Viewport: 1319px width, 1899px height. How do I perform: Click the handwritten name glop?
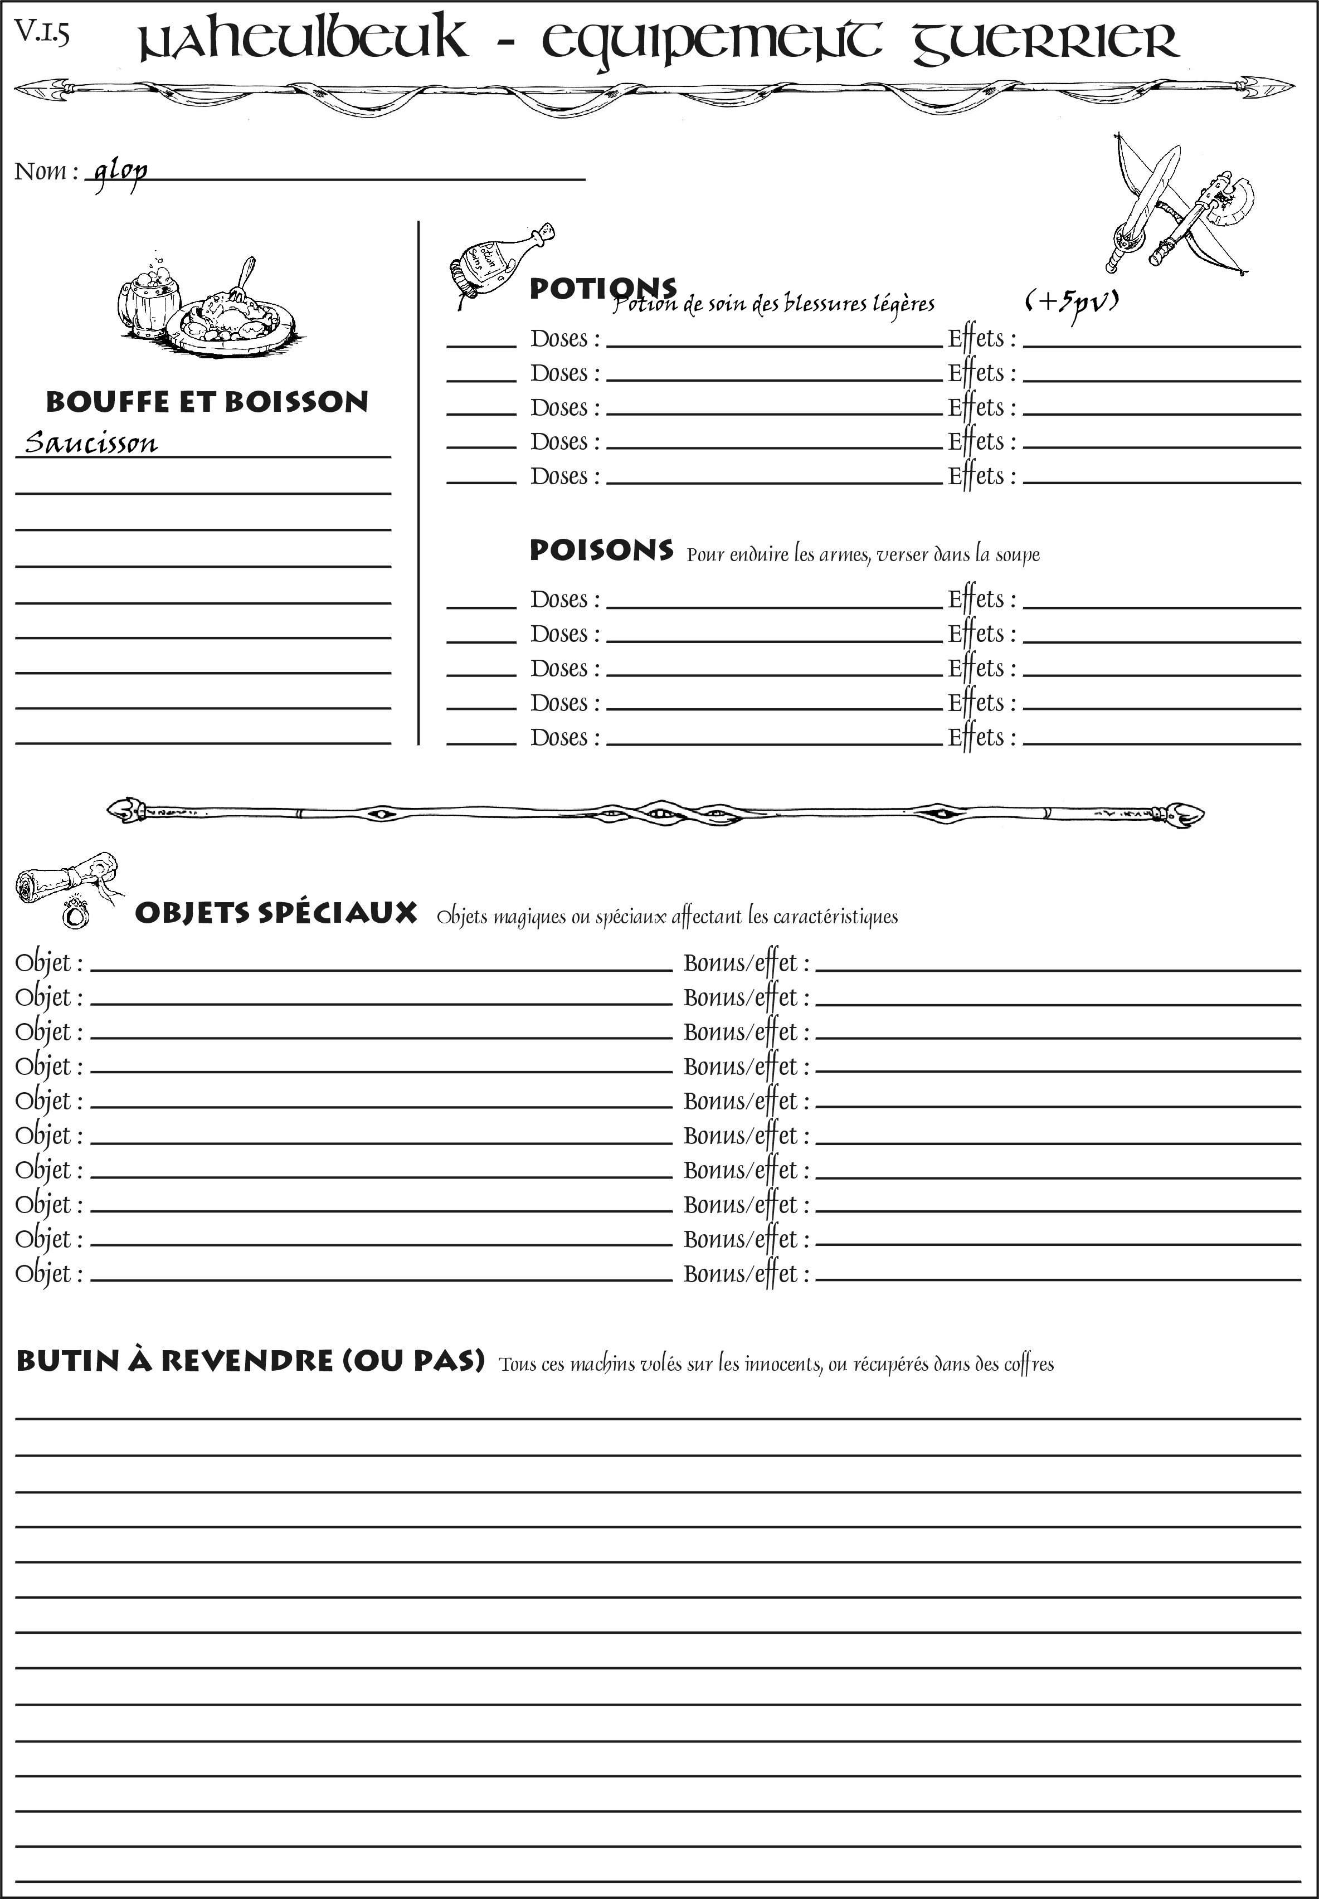coord(120,171)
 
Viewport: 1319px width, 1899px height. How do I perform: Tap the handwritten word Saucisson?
coord(91,443)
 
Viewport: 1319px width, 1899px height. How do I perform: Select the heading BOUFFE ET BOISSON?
coord(207,402)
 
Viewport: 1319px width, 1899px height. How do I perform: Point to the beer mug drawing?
coord(149,296)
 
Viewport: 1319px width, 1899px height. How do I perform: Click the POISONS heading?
coord(601,551)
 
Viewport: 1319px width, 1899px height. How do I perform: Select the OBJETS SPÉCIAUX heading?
coord(276,913)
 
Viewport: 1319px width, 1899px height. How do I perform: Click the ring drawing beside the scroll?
coord(76,913)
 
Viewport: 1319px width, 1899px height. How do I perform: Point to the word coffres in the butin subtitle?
coord(1028,1364)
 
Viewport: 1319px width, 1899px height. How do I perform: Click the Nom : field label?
coord(46,172)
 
